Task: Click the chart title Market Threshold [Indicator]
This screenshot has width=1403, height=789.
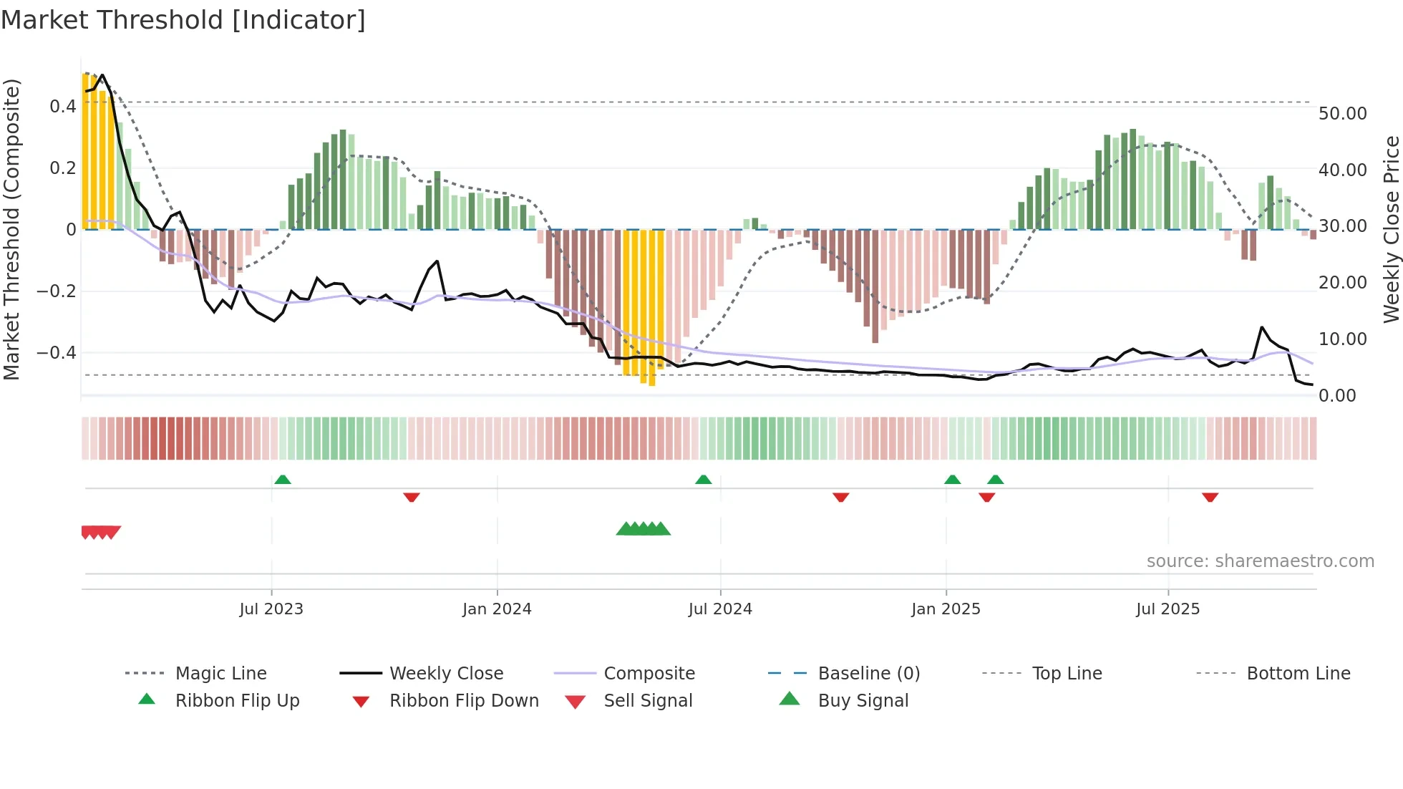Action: click(183, 20)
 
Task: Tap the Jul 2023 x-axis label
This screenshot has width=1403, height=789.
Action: click(271, 609)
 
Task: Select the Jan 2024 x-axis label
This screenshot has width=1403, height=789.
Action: click(497, 609)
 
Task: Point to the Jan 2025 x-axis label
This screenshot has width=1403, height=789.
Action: click(946, 609)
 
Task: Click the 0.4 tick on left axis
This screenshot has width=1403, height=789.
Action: click(62, 107)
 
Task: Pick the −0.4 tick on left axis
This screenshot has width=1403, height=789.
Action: click(57, 353)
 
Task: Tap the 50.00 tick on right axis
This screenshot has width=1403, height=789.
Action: click(1342, 114)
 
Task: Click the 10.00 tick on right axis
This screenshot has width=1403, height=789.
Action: click(1342, 339)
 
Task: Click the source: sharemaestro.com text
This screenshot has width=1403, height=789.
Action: click(1260, 561)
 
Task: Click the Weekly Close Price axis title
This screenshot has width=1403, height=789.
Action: click(1391, 229)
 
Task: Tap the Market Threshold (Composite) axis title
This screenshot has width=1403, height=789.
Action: click(11, 229)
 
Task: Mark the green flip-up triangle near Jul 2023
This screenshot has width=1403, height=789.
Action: click(283, 480)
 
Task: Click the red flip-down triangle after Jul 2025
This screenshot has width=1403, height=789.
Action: click(1210, 497)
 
